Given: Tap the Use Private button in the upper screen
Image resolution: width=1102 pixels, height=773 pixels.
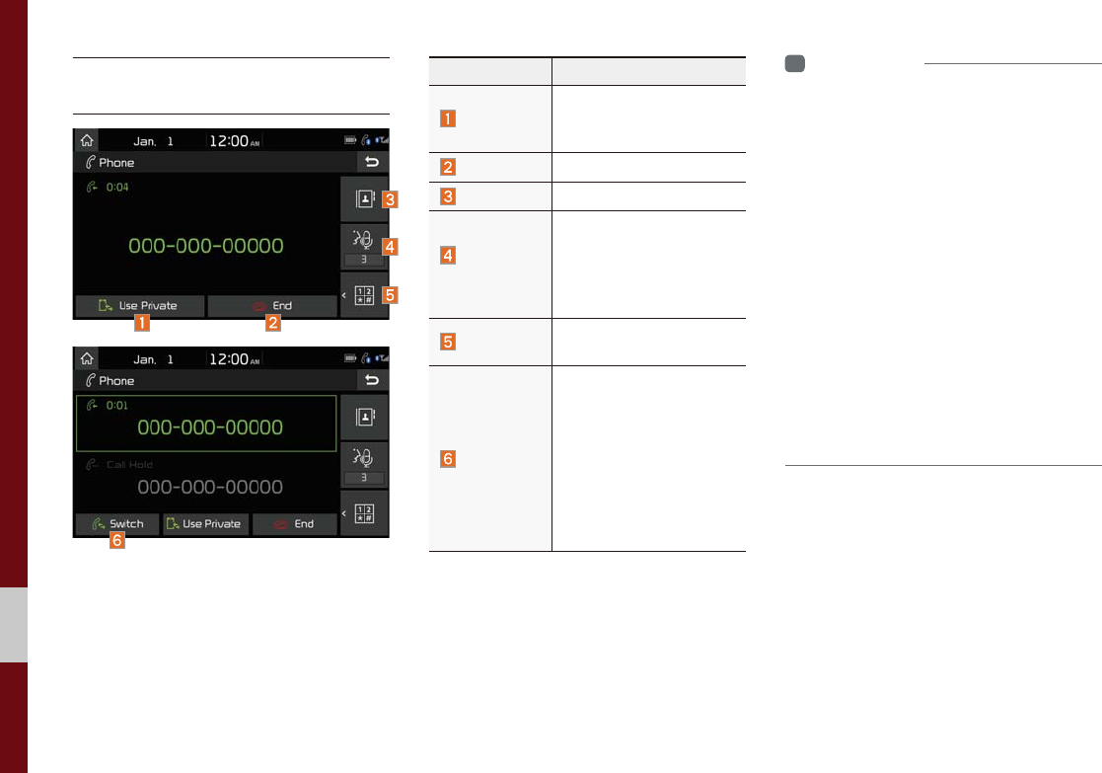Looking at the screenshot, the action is point(139,306).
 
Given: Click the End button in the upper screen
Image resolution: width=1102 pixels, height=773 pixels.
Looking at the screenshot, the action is point(271,306).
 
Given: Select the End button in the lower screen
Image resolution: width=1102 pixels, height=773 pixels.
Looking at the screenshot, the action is point(294,524).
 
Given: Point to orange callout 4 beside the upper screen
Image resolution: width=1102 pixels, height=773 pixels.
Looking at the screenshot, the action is point(391,248).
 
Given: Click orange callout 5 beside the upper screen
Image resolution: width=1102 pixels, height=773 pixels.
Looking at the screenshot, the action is point(391,294).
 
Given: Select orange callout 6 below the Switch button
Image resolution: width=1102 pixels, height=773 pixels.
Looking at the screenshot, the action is point(117,542).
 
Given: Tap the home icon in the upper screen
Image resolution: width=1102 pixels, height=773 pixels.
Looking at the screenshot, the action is point(87,141).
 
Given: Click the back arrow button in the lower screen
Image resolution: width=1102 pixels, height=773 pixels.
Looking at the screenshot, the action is point(372,380).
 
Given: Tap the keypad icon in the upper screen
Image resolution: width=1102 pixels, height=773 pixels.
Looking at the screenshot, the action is point(363,294).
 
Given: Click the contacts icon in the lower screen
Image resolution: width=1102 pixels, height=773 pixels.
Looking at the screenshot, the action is point(363,418).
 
